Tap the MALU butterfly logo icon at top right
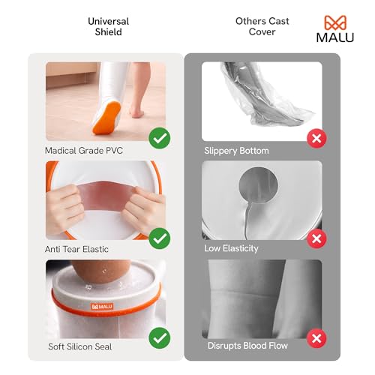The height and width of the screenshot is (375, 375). tap(334, 23)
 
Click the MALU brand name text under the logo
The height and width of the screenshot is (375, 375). tap(334, 38)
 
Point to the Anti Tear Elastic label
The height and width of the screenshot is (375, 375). tap(77, 247)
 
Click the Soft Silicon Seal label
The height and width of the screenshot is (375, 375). tap(79, 346)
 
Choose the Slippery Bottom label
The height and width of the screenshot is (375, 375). tap(236, 151)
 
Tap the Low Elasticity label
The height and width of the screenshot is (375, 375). tap(232, 247)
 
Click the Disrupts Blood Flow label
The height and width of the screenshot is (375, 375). tap(247, 346)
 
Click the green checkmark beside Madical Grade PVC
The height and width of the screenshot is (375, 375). tap(159, 139)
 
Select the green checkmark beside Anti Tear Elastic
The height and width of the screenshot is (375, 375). tap(159, 238)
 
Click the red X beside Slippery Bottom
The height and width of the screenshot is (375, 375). tap(317, 139)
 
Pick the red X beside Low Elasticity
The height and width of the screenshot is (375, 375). tap(317, 238)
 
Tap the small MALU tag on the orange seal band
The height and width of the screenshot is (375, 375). tap(101, 306)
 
